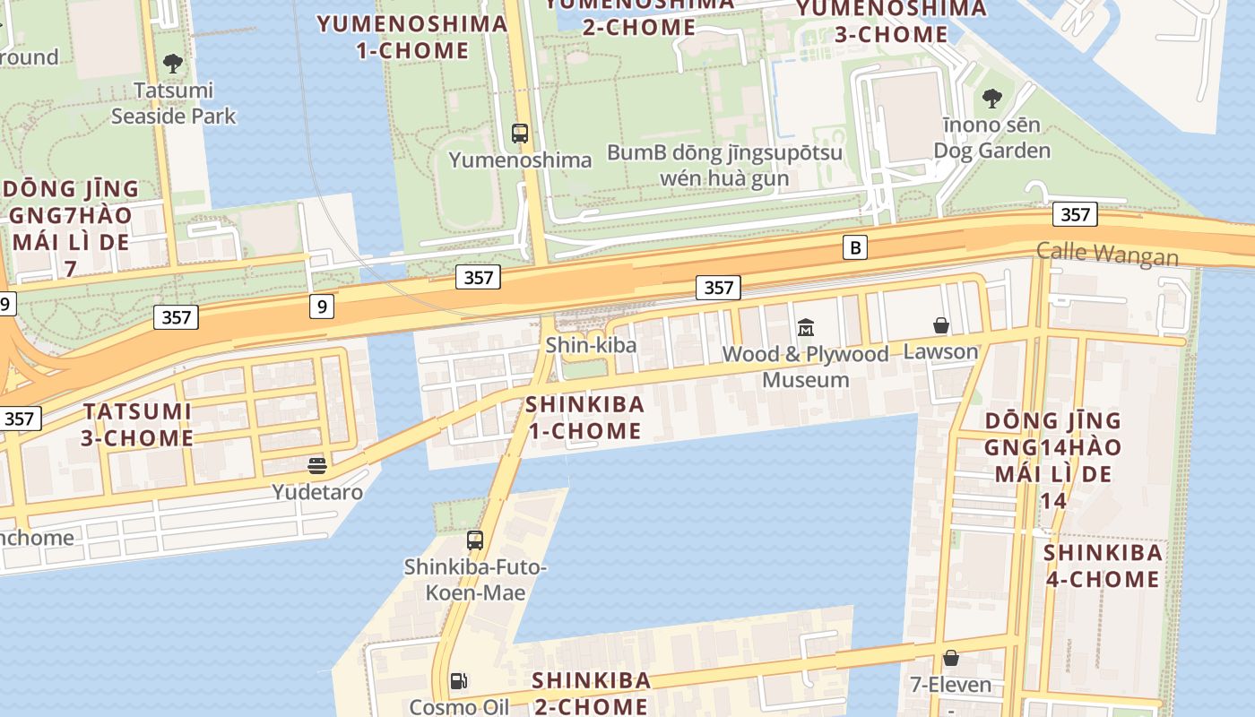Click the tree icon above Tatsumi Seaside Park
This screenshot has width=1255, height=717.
pyautogui.click(x=173, y=64)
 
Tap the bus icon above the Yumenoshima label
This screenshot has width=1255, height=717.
pyautogui.click(x=520, y=134)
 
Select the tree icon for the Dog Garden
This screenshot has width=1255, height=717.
pyautogui.click(x=991, y=98)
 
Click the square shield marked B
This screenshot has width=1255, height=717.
pyautogui.click(x=855, y=247)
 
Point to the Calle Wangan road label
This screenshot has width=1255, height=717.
pyautogui.click(x=1107, y=254)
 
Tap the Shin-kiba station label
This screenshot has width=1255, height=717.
pyautogui.click(x=592, y=345)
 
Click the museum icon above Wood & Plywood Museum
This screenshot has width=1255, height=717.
pyautogui.click(x=805, y=327)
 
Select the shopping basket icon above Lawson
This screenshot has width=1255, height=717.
pyautogui.click(x=941, y=324)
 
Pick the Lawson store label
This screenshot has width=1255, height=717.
pyautogui.click(x=940, y=351)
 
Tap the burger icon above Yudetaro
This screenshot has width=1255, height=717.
pyautogui.click(x=317, y=465)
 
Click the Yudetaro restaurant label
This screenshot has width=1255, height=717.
pyautogui.click(x=317, y=492)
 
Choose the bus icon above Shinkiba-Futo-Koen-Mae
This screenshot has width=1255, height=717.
pyautogui.click(x=475, y=540)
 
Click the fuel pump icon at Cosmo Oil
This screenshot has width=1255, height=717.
pyautogui.click(x=459, y=681)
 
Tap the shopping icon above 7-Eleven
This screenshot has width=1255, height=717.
pyautogui.click(x=950, y=659)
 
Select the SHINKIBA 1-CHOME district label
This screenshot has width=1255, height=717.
pyautogui.click(x=584, y=418)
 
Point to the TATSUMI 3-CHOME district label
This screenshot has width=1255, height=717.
pyautogui.click(x=138, y=425)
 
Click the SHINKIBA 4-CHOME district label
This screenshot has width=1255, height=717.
pyautogui.click(x=1103, y=566)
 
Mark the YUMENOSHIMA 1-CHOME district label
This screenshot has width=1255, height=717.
pyautogui.click(x=412, y=37)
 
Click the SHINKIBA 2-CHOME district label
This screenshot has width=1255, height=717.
pyautogui.click(x=591, y=693)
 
